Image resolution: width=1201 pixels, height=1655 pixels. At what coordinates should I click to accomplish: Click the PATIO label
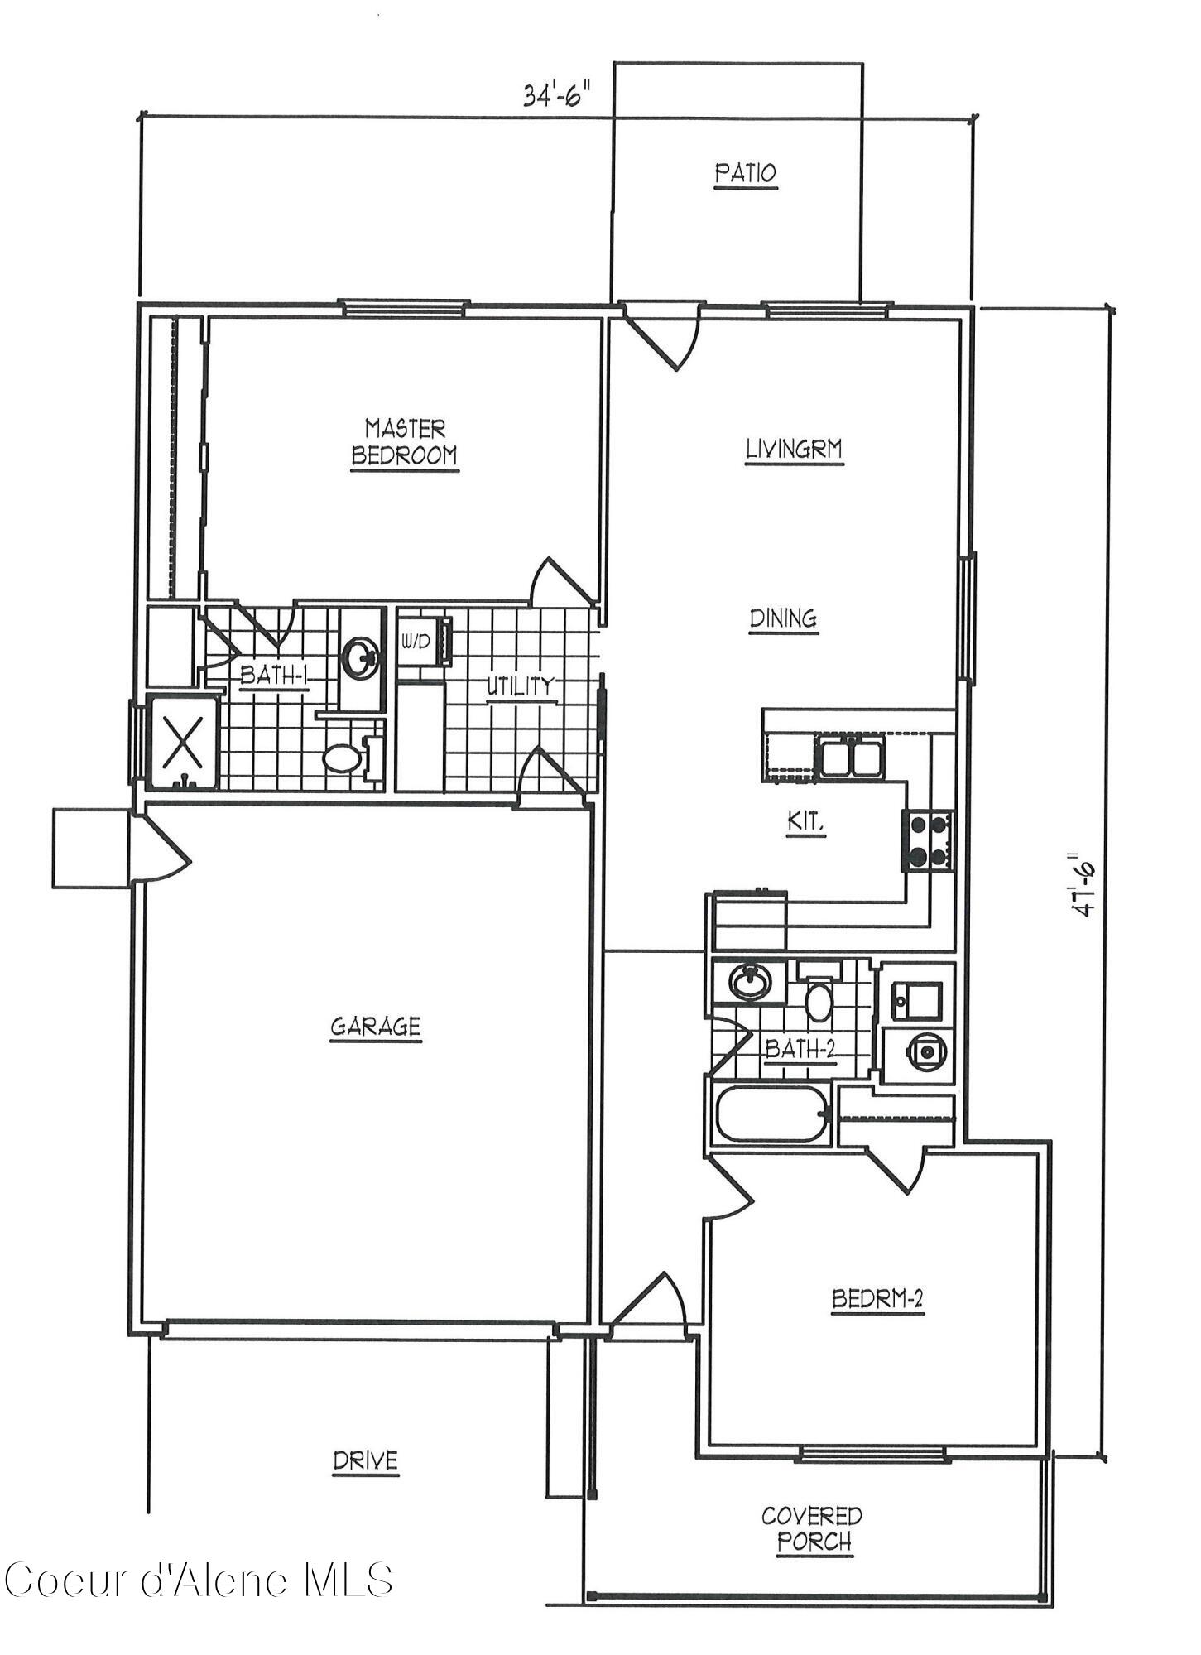[x=746, y=173]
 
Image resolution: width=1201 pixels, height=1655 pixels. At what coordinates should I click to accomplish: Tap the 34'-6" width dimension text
[x=560, y=95]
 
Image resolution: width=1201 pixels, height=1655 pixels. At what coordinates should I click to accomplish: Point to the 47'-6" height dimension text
[x=1082, y=883]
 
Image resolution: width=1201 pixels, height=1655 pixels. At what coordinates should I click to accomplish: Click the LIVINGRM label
[x=794, y=450]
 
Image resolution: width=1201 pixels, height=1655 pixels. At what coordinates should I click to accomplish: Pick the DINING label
[x=783, y=618]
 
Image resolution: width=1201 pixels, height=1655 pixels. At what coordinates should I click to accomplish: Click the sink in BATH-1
[x=361, y=657]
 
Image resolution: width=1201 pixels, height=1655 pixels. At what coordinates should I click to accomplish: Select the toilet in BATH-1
[x=343, y=758]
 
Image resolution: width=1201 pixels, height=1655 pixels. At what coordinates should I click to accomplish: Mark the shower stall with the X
[x=183, y=742]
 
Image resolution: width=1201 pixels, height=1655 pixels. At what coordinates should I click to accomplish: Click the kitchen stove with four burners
[x=927, y=840]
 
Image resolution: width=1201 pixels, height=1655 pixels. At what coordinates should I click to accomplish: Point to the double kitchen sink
[x=852, y=756]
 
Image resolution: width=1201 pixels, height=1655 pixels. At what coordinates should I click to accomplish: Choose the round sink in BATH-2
[x=750, y=982]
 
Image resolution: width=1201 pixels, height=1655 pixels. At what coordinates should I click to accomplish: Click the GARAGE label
[x=376, y=1027]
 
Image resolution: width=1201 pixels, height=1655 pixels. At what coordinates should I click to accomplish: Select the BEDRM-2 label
[x=877, y=1299]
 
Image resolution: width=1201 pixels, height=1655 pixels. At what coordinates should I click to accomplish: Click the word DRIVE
[x=365, y=1461]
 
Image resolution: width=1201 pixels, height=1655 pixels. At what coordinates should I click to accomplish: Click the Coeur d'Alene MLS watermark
[x=199, y=1580]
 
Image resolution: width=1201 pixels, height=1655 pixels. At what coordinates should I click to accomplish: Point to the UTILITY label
[x=519, y=686]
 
